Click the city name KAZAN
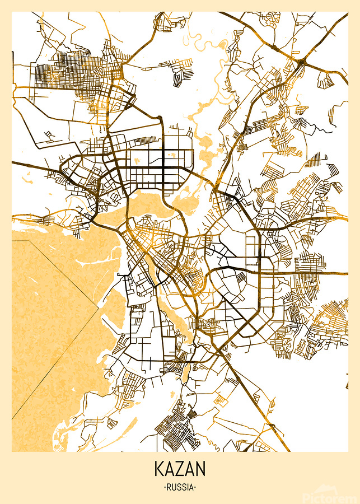tap(180, 468)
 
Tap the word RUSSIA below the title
tap(180, 487)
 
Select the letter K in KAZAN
tap(158, 468)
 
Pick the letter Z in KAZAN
tap(180, 468)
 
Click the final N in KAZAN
tap(201, 468)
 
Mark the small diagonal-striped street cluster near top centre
tap(180, 76)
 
